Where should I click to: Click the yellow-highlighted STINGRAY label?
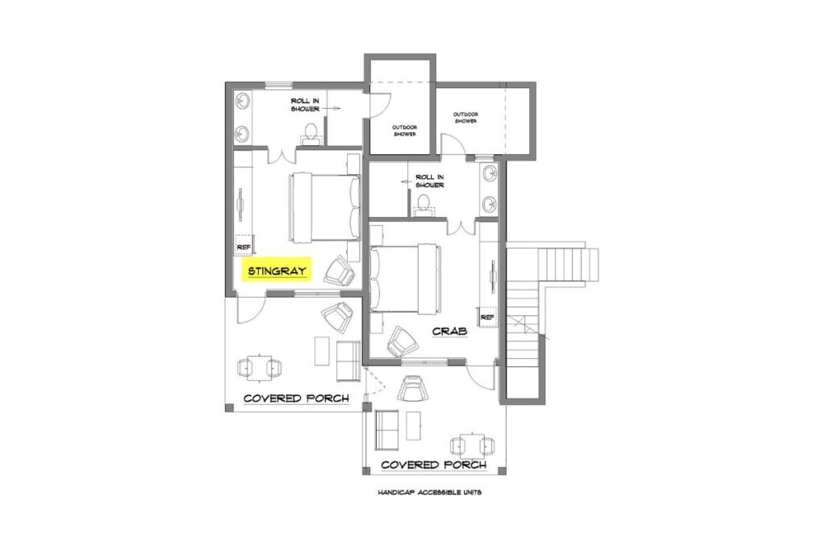(277, 270)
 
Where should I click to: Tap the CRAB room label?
(450, 331)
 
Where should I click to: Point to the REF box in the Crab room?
(487, 318)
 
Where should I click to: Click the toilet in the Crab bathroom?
(423, 207)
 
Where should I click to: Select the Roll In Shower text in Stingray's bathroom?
(306, 105)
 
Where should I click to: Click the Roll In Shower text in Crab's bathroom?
(430, 181)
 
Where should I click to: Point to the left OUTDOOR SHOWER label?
(404, 130)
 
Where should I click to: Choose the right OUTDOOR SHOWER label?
(465, 117)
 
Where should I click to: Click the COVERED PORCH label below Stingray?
(296, 399)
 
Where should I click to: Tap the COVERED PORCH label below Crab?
(433, 465)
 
